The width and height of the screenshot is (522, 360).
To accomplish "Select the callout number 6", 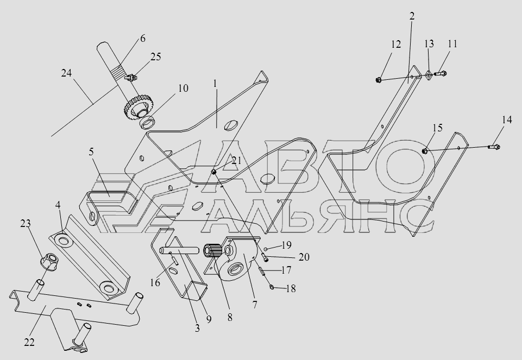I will coord(143,39).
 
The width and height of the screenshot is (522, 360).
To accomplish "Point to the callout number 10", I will coord(183,89).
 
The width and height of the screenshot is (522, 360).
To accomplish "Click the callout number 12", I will coord(396,45).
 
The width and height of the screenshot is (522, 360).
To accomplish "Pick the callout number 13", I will coord(429,43).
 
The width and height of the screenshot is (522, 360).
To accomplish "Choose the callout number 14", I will coord(506,121).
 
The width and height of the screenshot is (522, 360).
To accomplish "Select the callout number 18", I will coord(291,289).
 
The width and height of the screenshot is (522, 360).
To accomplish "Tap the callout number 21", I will coord(236,160).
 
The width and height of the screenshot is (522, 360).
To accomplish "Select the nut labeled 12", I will coord(378,80).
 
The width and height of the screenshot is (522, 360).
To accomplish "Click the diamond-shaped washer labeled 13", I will coord(429,75).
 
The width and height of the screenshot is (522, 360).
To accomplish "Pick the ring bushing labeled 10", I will coord(148,123).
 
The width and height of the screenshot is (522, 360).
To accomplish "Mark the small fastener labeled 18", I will coord(272,286).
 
